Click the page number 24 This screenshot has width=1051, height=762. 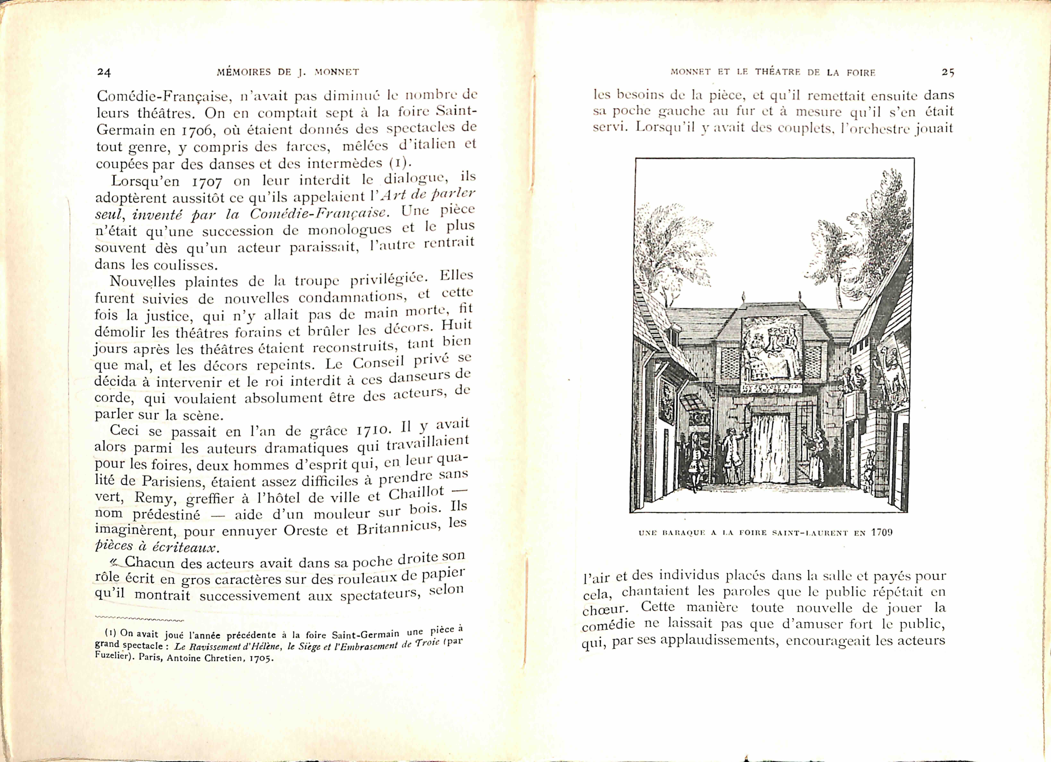tap(104, 72)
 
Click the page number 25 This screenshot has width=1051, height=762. tap(948, 72)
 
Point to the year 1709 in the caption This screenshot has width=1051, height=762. tap(881, 532)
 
